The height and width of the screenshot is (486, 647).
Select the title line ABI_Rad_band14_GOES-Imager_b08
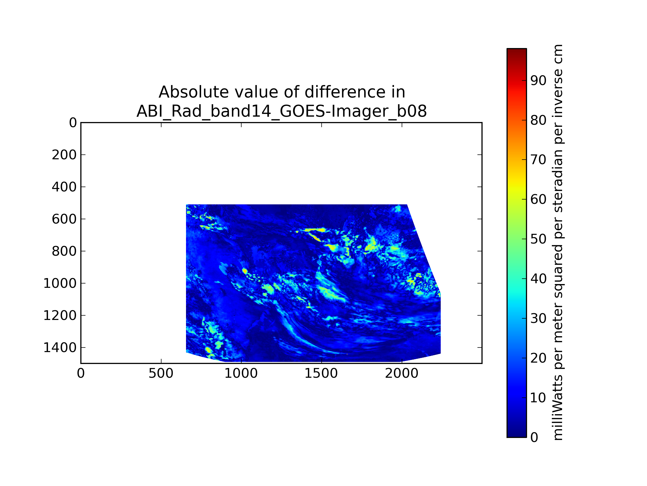(281, 111)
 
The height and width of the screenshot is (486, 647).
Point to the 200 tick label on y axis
(64, 155)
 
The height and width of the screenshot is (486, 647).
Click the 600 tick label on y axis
(64, 219)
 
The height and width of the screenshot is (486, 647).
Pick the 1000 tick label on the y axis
(60, 283)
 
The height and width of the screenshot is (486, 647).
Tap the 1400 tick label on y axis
(60, 348)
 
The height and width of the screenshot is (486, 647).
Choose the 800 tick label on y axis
(64, 251)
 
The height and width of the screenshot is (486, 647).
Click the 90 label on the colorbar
(538, 80)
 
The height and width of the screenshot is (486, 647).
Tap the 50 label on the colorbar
(538, 239)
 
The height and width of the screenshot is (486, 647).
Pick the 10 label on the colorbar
(538, 398)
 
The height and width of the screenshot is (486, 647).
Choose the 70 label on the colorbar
(538, 160)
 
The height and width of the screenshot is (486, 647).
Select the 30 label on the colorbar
(538, 318)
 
